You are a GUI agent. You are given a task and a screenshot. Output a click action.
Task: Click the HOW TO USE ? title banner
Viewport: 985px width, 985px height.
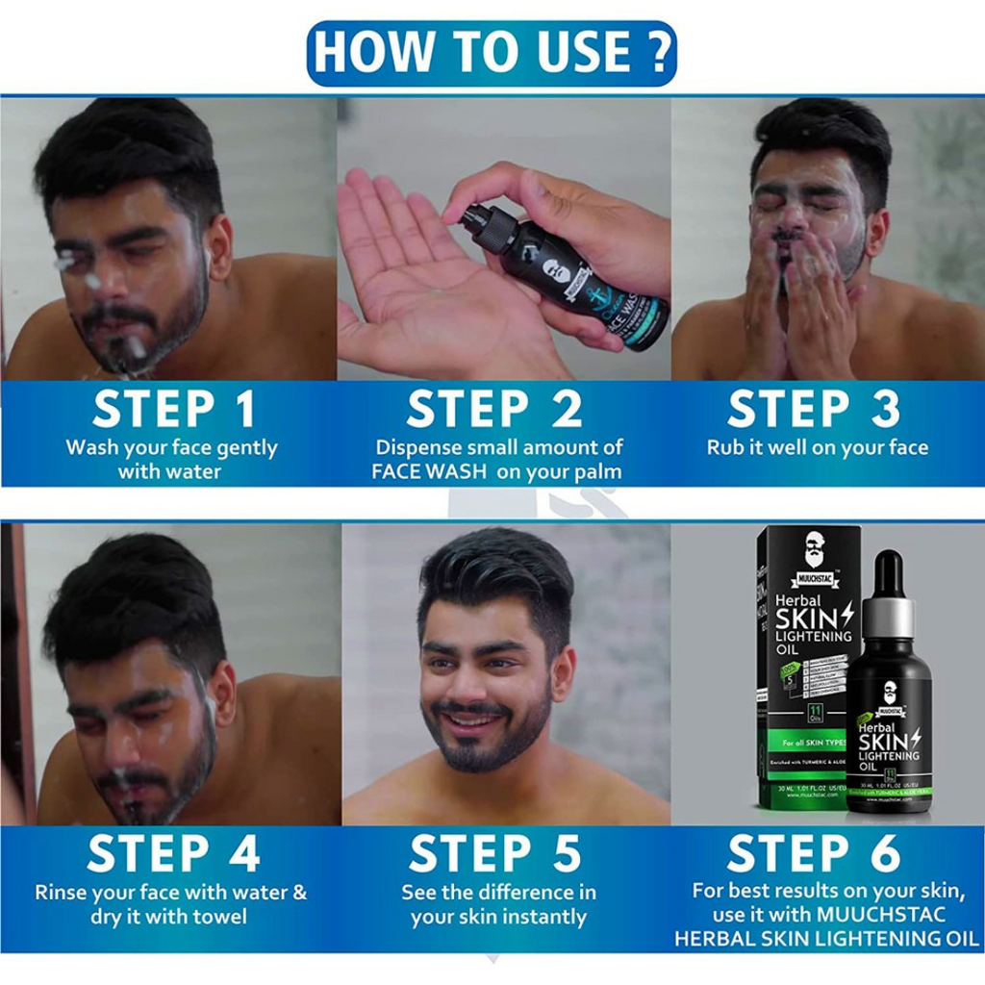[x=492, y=53]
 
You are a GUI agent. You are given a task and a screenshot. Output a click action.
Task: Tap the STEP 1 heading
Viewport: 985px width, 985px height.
[x=174, y=409]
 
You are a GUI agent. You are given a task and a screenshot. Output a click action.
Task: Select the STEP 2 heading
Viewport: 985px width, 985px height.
[x=494, y=409]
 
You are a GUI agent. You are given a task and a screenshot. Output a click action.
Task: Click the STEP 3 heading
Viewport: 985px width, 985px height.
[x=813, y=409]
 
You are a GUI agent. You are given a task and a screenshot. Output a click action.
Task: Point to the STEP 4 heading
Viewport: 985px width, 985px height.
[x=174, y=853]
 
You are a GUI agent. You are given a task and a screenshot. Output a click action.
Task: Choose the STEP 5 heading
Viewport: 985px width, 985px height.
[x=494, y=853]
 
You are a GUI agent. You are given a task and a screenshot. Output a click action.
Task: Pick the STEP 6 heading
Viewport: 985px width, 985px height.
[x=813, y=853]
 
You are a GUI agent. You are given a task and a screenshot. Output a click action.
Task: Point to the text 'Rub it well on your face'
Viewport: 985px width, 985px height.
[x=818, y=447]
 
